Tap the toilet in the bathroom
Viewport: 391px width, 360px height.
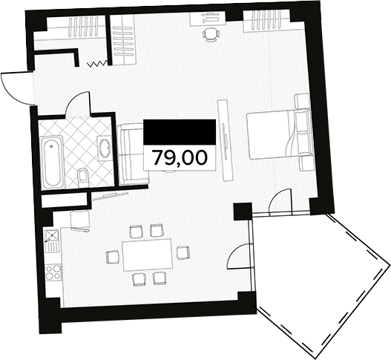tap(84, 176)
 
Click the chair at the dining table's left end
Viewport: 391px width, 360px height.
tap(111, 256)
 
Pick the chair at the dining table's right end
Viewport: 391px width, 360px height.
tap(182, 253)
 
